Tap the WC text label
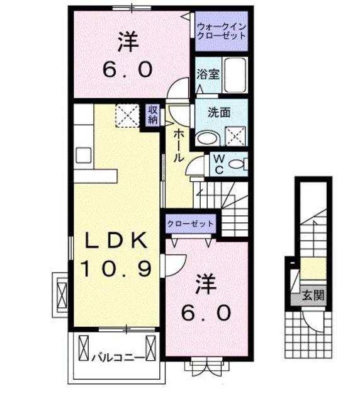(217, 164)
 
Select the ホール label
(178, 145)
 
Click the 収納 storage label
(152, 116)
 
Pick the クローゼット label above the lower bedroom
(191, 224)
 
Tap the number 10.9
(115, 269)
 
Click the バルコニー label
(113, 357)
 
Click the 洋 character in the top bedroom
(126, 43)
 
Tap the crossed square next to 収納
(128, 116)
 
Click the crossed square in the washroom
(236, 135)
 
